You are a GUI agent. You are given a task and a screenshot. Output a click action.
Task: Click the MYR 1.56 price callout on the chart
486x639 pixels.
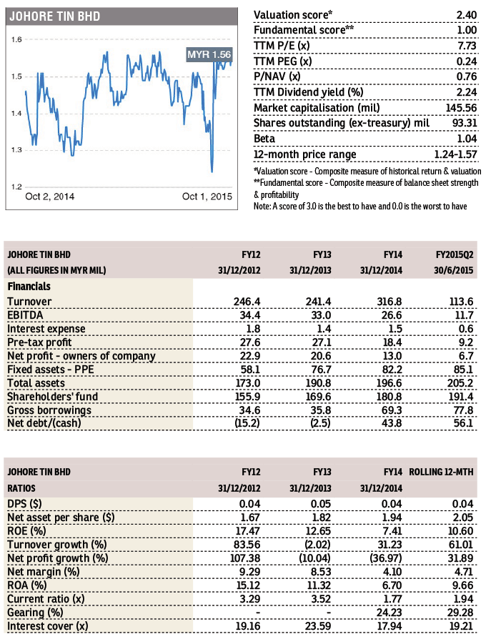click(x=209, y=54)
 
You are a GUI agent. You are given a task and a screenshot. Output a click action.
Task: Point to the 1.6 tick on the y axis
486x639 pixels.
click(x=16, y=39)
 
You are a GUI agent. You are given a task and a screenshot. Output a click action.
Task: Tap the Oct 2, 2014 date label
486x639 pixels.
click(x=50, y=197)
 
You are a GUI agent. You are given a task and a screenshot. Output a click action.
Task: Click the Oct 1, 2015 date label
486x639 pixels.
click(x=207, y=197)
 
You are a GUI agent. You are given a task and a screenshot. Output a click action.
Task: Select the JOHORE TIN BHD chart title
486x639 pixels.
click(x=55, y=16)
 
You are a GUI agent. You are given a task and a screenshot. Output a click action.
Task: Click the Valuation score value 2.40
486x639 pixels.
click(x=467, y=15)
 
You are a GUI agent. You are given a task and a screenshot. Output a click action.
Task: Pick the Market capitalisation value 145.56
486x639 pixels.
click(x=461, y=108)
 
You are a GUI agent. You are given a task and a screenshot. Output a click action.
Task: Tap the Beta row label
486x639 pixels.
click(x=264, y=139)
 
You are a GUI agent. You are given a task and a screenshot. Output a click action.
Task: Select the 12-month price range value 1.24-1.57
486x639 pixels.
click(x=455, y=154)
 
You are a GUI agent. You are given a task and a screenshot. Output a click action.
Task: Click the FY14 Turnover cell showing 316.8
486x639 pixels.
click(x=389, y=302)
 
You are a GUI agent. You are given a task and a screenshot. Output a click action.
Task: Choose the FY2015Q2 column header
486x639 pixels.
click(x=455, y=254)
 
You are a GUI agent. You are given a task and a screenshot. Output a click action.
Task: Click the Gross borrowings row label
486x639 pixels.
click(x=49, y=410)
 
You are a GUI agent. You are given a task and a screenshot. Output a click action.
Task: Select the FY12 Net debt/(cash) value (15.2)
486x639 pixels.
click(x=247, y=423)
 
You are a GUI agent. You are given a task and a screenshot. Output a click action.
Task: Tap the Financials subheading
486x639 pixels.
click(x=29, y=287)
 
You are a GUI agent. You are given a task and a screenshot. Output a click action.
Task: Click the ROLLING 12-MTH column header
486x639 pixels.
click(x=441, y=472)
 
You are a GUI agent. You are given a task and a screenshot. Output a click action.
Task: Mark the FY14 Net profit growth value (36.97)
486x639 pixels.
click(x=385, y=558)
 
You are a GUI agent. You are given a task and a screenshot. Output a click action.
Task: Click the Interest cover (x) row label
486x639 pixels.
click(x=48, y=626)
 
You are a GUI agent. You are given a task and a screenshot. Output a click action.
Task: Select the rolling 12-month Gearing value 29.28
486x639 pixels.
click(x=460, y=613)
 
